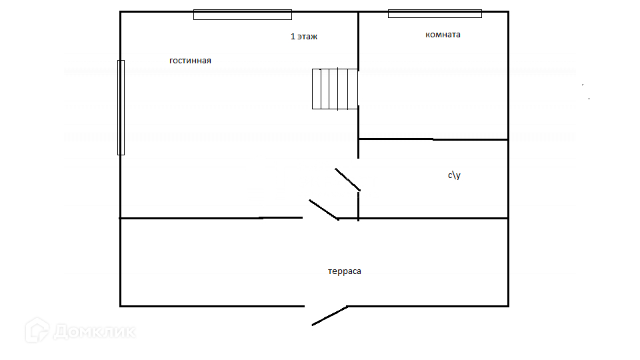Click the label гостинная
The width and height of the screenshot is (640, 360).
[x=190, y=61]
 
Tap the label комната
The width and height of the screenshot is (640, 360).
[x=443, y=35]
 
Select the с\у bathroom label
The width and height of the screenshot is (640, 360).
[x=454, y=175]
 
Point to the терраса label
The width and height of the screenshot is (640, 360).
[x=345, y=271]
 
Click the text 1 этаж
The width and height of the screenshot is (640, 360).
[x=304, y=37]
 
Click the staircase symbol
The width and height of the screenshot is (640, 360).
[x=335, y=89]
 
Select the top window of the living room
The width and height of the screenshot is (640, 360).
[x=243, y=15]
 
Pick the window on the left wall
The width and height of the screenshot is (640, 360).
[x=121, y=107]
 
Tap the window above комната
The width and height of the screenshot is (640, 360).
[x=435, y=13]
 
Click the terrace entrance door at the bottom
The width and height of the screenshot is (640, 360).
[x=329, y=315]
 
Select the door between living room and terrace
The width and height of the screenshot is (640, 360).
[x=323, y=209]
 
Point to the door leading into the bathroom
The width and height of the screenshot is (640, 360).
[x=347, y=179]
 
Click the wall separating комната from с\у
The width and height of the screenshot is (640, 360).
[x=433, y=139]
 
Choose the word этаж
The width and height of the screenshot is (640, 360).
[x=308, y=37]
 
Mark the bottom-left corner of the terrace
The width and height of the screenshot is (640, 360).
[x=121, y=305]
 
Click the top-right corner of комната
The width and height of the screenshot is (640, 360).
[x=508, y=11]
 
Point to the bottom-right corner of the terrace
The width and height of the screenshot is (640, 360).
[x=508, y=305]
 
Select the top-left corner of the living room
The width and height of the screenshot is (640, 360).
[x=121, y=11]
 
